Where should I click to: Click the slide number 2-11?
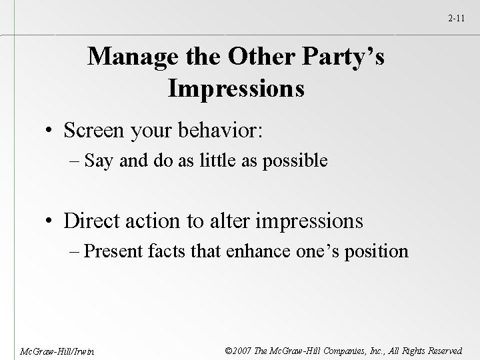tap(457, 21)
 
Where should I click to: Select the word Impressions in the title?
tap(236, 89)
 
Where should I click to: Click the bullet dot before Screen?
tap(51, 131)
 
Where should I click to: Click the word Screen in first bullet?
tap(95, 131)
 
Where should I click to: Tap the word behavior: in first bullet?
tap(219, 131)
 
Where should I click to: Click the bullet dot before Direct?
tap(51, 221)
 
